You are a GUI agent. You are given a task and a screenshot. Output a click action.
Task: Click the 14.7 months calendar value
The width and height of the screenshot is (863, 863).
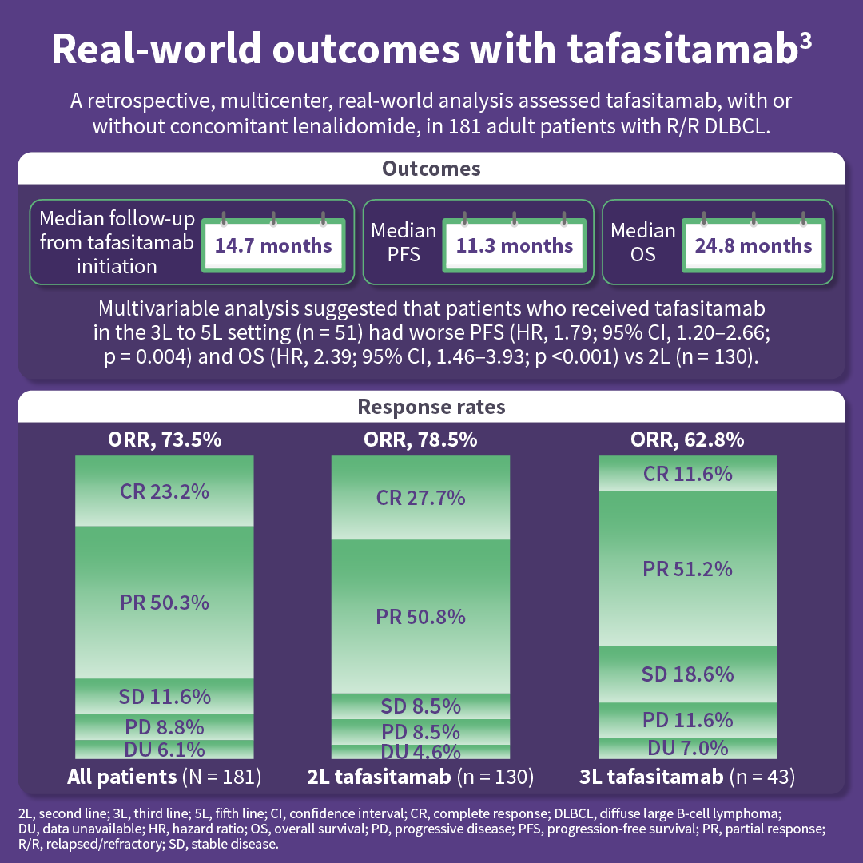click(x=273, y=245)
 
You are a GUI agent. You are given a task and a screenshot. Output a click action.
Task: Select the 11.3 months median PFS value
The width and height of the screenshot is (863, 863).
click(x=515, y=245)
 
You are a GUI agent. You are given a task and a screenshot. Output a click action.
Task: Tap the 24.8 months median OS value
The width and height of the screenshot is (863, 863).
click(x=754, y=245)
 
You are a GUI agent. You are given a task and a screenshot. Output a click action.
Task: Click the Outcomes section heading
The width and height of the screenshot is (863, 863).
click(x=431, y=169)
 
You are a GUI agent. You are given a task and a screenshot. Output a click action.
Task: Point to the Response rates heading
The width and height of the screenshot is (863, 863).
click(x=431, y=407)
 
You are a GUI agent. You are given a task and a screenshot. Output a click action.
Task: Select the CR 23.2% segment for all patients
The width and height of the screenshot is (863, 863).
click(x=165, y=491)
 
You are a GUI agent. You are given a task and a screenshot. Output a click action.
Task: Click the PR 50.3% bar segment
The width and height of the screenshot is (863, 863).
click(x=165, y=602)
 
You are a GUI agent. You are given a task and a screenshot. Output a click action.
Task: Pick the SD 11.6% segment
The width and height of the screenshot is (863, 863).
click(x=165, y=696)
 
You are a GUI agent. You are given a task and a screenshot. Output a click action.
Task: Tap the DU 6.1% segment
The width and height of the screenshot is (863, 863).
click(x=165, y=749)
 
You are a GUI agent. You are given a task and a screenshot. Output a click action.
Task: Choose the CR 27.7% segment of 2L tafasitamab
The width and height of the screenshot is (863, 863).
click(x=420, y=498)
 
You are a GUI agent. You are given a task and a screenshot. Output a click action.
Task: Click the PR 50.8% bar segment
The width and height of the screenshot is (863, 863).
click(x=420, y=617)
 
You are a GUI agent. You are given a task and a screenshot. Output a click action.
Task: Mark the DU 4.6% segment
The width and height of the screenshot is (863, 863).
click(x=420, y=751)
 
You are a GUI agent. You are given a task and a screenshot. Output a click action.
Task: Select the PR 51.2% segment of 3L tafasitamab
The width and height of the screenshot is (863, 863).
click(x=688, y=569)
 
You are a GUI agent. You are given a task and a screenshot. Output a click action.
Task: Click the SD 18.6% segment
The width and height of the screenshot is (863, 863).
click(x=688, y=674)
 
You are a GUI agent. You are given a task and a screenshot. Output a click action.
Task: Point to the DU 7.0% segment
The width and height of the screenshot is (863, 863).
click(x=688, y=748)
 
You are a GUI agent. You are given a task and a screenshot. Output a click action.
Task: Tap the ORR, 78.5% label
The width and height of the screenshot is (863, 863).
click(x=420, y=439)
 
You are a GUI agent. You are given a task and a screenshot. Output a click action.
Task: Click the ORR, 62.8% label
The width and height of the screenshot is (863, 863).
click(x=688, y=439)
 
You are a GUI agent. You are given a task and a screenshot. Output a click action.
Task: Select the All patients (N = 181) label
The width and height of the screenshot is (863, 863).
click(x=165, y=776)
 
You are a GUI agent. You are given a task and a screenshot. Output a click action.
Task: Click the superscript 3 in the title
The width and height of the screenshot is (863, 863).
click(x=805, y=40)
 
